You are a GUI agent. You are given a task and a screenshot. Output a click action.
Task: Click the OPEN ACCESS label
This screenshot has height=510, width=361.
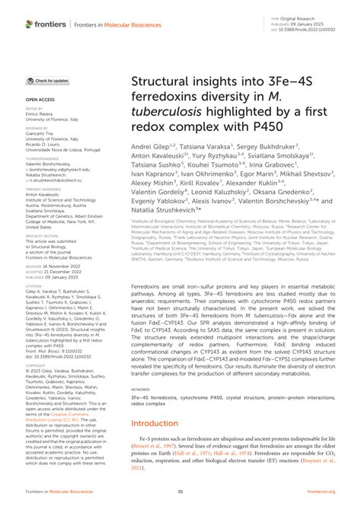39,99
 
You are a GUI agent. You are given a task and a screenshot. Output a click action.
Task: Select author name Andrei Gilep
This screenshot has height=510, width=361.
151,144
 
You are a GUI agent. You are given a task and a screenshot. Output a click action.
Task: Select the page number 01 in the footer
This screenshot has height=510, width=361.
180,492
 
